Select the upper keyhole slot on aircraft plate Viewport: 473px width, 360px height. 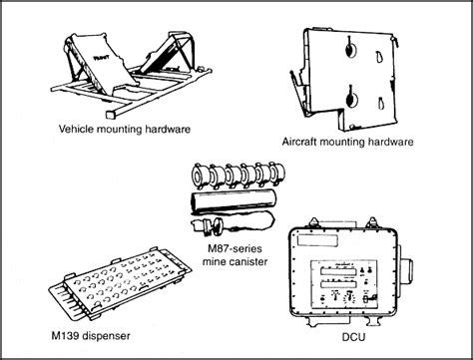pos(350,51)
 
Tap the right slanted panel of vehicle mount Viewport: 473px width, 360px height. pos(168,67)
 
